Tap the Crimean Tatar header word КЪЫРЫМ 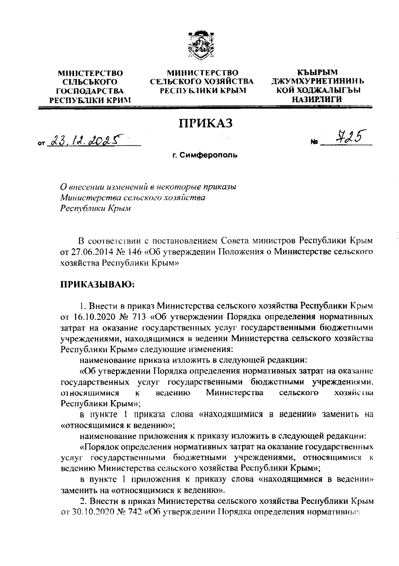coord(318,72)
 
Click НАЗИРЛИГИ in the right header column coord(318,99)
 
